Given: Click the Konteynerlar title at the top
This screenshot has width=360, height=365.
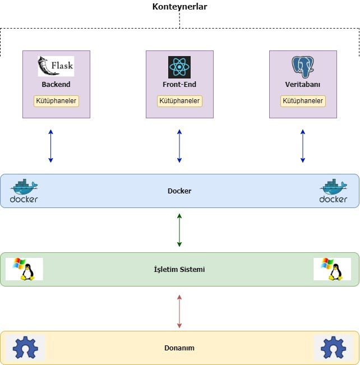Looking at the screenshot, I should click(179, 7).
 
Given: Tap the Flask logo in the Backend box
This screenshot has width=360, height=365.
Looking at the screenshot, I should click(56, 66).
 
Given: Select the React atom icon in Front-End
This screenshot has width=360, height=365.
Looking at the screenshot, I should click(179, 67).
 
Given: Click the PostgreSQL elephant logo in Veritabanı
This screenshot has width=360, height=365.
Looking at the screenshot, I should click(303, 67).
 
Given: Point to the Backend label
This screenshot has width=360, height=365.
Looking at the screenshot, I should click(56, 85).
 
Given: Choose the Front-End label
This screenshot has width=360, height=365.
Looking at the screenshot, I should click(179, 85).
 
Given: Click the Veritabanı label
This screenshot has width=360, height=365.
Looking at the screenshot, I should click(303, 85).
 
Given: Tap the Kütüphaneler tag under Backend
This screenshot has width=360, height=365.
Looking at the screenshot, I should click(56, 101).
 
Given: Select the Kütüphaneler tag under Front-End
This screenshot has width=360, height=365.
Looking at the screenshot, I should click(179, 101).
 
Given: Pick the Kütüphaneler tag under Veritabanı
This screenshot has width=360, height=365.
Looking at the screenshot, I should click(303, 101).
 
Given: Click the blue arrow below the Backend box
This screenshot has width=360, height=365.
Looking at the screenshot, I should click(50, 146).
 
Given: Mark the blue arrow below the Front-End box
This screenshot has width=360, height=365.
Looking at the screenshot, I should click(179, 146).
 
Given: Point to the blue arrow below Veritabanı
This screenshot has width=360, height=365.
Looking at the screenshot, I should click(303, 146).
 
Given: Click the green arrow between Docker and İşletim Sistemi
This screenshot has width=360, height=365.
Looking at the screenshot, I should click(179, 229).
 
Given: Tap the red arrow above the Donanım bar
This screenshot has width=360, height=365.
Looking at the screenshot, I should click(179, 311).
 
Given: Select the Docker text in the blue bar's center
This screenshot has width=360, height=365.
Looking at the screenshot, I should click(179, 191).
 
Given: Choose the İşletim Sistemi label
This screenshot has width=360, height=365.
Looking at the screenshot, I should click(179, 269).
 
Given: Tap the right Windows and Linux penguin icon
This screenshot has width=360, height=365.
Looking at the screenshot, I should click(333, 269).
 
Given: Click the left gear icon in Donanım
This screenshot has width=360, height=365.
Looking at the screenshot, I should click(25, 348).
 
